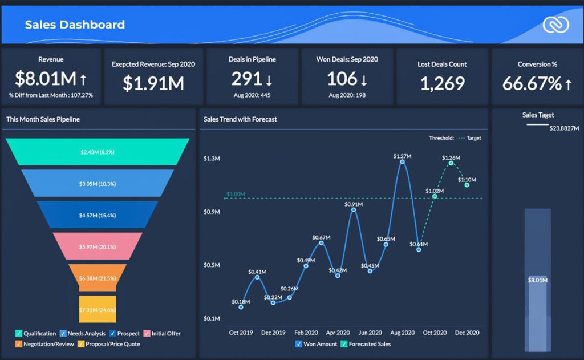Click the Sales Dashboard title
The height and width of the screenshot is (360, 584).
[75, 25]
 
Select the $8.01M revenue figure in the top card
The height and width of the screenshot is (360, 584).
[46, 79]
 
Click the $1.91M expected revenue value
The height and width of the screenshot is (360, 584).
[153, 83]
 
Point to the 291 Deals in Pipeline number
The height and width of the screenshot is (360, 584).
[247, 79]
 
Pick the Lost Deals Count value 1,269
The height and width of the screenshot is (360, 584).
[442, 83]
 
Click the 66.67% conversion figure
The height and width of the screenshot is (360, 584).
[532, 83]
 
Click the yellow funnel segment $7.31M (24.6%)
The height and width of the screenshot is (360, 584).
[98, 309]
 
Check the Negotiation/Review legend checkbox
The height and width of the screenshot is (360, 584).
[19, 344]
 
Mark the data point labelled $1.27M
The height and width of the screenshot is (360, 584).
[402, 162]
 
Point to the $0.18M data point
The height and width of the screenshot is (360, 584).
[241, 307]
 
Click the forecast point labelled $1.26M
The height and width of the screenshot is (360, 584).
[451, 163]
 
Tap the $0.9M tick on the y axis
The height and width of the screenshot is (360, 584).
[212, 212]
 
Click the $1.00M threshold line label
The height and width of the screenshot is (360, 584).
[236, 194]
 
